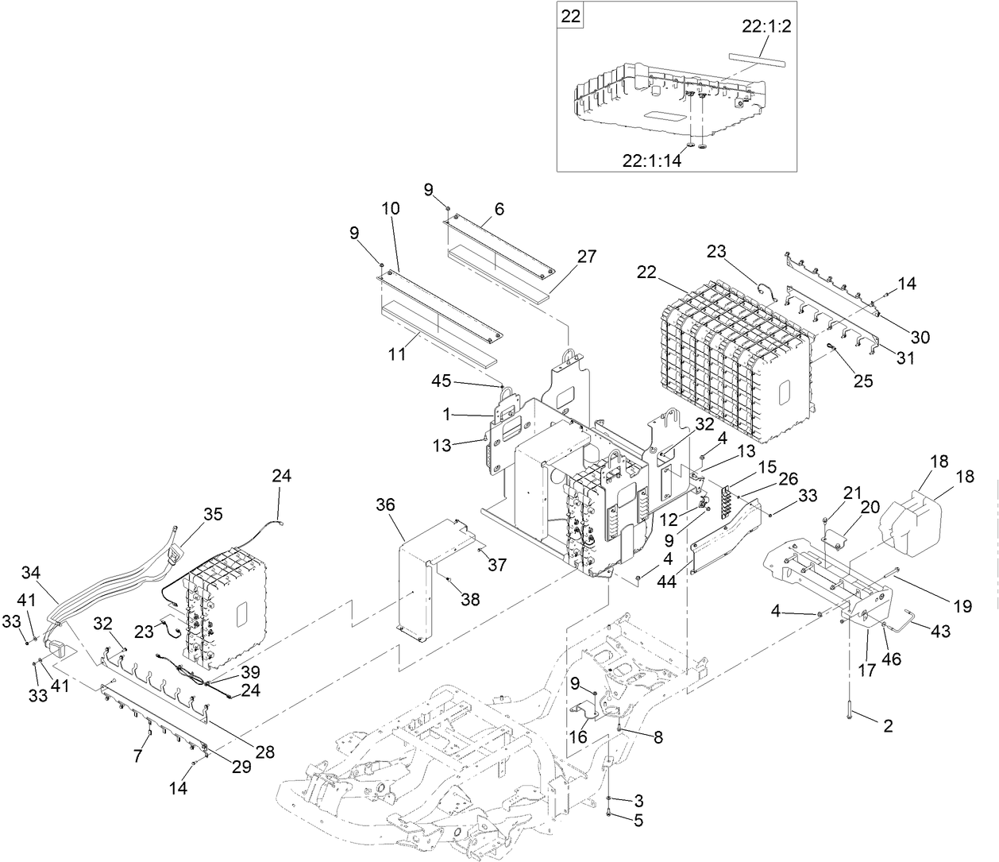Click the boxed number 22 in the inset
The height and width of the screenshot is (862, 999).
pos(571,15)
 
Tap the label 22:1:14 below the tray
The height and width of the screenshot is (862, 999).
pos(652,160)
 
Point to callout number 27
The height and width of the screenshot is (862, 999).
pos(587,257)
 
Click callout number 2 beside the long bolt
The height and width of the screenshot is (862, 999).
pos(887,725)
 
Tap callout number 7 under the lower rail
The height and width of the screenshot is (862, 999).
pos(137,756)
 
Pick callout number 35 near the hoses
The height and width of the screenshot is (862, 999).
pos(212,514)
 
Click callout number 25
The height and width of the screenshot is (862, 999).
pos(862,381)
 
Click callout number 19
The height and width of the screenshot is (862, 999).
pos(962,607)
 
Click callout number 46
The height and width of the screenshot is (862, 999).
pos(892,659)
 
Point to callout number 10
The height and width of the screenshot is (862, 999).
pos(391,209)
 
